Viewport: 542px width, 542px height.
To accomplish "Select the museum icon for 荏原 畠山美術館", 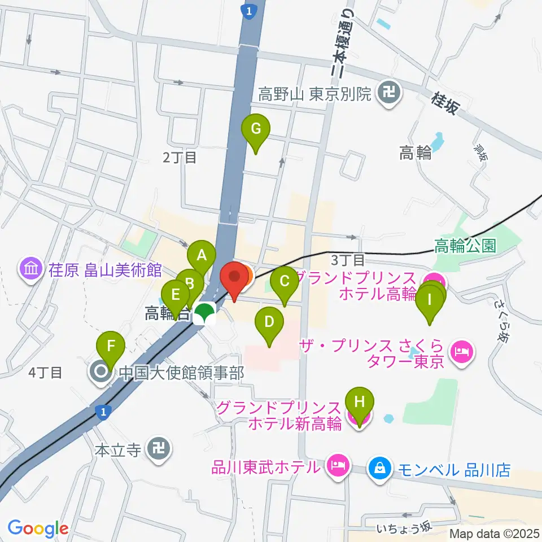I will [29, 269].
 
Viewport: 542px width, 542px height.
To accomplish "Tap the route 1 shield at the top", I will [248, 10].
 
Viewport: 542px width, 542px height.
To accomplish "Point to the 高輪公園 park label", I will [465, 246].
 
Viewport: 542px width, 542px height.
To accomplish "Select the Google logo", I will [38, 528].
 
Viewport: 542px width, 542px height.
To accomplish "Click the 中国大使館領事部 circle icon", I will [102, 372].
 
